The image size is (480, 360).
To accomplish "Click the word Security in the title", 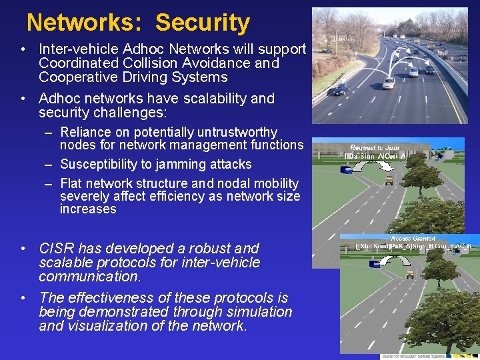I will (x=203, y=23).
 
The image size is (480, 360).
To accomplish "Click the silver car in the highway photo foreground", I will (x=388, y=83).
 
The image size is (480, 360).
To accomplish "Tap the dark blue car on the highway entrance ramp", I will (x=341, y=89).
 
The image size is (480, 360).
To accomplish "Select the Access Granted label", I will (x=413, y=238).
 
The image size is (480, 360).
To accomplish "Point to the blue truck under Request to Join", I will (x=347, y=170).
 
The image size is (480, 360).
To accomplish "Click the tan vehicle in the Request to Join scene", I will (x=389, y=180).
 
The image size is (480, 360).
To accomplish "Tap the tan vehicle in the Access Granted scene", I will (x=409, y=273).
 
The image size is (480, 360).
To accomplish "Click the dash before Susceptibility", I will (x=49, y=164).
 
